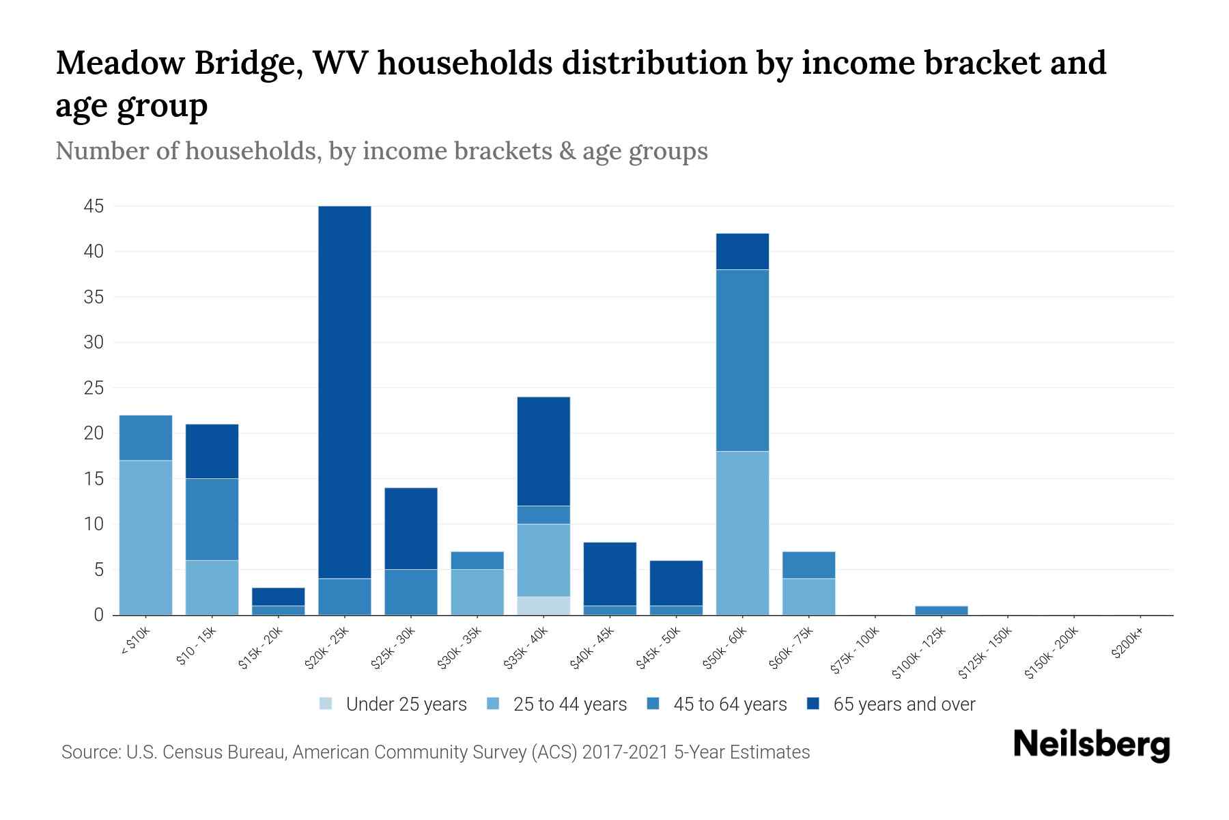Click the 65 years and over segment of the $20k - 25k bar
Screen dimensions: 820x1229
click(345, 392)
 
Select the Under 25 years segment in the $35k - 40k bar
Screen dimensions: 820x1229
click(543, 605)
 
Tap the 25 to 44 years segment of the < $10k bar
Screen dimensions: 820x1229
click(145, 538)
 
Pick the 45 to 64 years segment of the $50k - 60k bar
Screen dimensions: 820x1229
click(742, 360)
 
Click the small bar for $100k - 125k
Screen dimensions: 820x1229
click(941, 610)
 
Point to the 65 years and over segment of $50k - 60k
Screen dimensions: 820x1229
click(742, 251)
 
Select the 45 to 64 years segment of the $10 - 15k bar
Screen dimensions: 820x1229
click(212, 519)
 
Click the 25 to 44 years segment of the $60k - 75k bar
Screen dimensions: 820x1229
click(808, 597)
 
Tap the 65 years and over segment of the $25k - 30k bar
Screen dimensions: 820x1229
click(411, 528)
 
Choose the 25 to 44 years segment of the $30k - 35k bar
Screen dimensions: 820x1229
click(477, 592)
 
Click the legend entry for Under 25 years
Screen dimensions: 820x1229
click(393, 705)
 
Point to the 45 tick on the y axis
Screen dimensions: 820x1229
click(94, 206)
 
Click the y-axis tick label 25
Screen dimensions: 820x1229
click(94, 388)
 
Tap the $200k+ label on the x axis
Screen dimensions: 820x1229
click(1127, 643)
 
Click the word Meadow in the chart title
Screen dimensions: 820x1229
click(120, 63)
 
